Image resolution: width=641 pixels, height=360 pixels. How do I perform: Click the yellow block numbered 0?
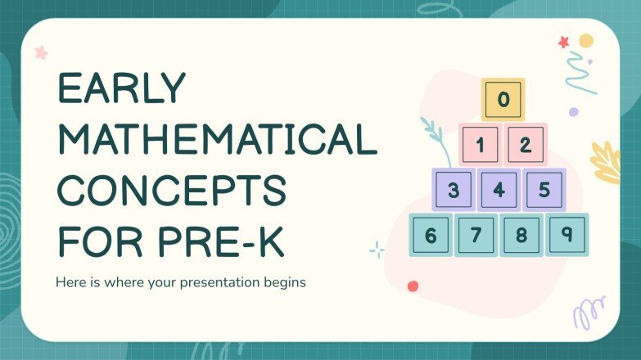pos(503,101)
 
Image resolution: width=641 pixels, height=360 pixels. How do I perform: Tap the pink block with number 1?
pos(481,146)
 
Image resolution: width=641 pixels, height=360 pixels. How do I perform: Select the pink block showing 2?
pos(526,146)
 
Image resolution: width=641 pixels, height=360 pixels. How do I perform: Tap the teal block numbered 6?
pos(431,236)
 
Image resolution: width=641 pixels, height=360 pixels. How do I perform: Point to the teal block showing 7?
pos(476,236)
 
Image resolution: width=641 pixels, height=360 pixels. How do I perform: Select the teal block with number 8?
pos(521,236)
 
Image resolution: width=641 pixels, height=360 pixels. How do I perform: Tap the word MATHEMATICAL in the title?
pos(215,142)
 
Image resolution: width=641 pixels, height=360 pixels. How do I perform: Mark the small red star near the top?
pos(563,41)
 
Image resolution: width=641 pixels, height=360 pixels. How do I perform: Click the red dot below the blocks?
pos(413,286)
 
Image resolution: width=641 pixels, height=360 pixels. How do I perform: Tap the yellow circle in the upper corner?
pos(585,41)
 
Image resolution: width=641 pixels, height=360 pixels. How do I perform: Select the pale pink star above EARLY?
pos(41,52)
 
